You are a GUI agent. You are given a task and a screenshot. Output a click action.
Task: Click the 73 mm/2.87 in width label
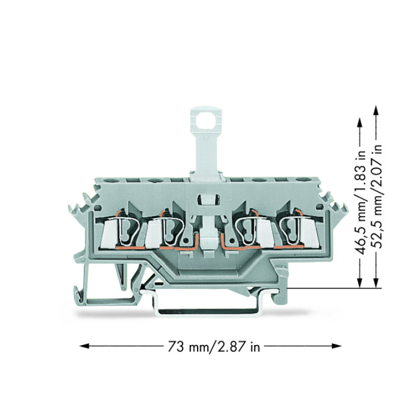214,347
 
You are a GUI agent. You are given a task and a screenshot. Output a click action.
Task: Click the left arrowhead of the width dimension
84,346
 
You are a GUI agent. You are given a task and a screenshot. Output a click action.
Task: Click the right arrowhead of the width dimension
337,346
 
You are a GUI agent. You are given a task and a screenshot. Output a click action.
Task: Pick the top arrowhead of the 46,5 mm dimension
360,123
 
